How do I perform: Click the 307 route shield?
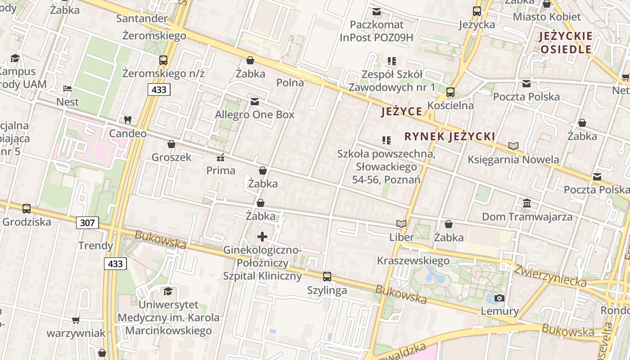click(x=87, y=222)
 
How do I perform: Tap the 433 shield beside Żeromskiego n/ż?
click(x=159, y=90)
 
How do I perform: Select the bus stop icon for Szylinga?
click(x=327, y=277)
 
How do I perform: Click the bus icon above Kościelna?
click(x=450, y=92)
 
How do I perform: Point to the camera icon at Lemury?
click(x=499, y=298)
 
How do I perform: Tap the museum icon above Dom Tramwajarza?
click(x=527, y=203)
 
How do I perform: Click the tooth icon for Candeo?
click(x=128, y=120)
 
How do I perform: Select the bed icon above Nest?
click(x=67, y=89)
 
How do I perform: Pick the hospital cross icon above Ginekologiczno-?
click(x=262, y=236)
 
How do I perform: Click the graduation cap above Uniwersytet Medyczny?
click(x=168, y=291)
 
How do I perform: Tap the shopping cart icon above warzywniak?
click(x=76, y=320)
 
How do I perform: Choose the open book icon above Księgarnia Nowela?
click(x=513, y=146)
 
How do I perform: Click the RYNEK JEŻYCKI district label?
click(x=450, y=136)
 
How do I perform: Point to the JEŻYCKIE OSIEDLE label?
click(x=566, y=43)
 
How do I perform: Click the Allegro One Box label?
click(x=255, y=115)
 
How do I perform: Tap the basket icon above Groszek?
click(x=171, y=144)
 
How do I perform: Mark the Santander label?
click(x=142, y=18)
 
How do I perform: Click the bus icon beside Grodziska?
click(x=27, y=209)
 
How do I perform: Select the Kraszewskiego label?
click(x=413, y=261)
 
